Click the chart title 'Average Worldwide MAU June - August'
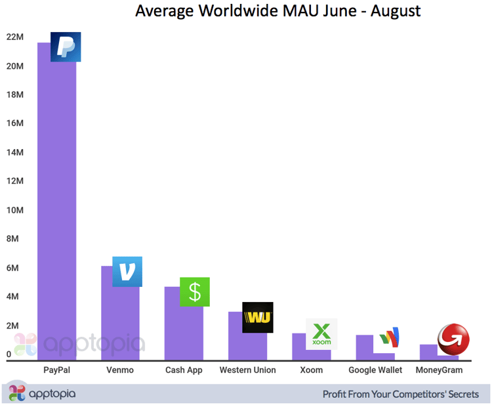click(277, 11)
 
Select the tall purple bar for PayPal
click(56, 210)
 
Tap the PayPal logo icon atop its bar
click(66, 47)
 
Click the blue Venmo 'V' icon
click(127, 271)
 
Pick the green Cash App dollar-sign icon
click(195, 292)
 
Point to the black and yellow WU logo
click(257, 318)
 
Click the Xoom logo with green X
click(321, 334)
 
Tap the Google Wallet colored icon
click(389, 338)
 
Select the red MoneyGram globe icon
click(453, 339)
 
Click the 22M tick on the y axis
click(15, 37)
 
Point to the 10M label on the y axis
click(15, 210)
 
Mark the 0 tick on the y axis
click(9, 354)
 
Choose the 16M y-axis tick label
click(15, 123)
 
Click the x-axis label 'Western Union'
click(247, 370)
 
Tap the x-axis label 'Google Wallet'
click(375, 370)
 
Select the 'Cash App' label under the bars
click(184, 370)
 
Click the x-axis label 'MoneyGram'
click(439, 370)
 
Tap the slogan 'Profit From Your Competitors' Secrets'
click(400, 394)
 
